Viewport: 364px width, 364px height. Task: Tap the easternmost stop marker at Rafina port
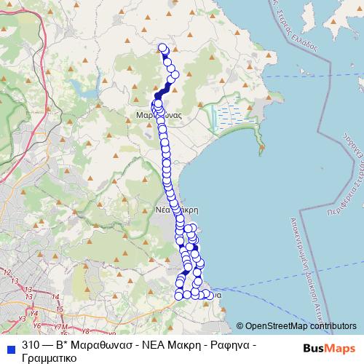212,295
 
